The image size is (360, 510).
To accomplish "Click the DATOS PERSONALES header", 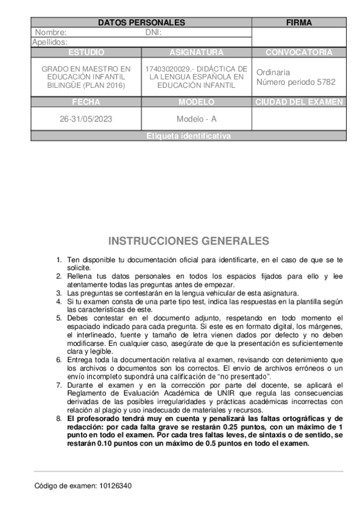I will pos(141,22).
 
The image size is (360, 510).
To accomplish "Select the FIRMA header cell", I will pos(299,22).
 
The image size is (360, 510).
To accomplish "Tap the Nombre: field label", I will pos(50,32).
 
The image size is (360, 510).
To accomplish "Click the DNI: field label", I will pos(154,32).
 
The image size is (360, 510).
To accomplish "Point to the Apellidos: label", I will pos(50,42).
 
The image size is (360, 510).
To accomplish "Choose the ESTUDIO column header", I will pos(86,52).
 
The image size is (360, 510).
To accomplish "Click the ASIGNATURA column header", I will pos(197,52).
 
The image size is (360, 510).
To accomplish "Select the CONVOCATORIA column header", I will pos(299,52).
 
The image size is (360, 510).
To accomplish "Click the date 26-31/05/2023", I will pos(86,119).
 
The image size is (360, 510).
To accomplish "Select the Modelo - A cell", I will pos(197,119).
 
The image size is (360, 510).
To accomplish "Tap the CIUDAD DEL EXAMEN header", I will pos(299,102).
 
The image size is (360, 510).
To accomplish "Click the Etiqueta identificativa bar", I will pos(188,136).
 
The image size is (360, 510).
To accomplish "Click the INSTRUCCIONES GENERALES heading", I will pos(189,241).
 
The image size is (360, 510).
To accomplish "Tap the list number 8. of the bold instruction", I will pos(58,418).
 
